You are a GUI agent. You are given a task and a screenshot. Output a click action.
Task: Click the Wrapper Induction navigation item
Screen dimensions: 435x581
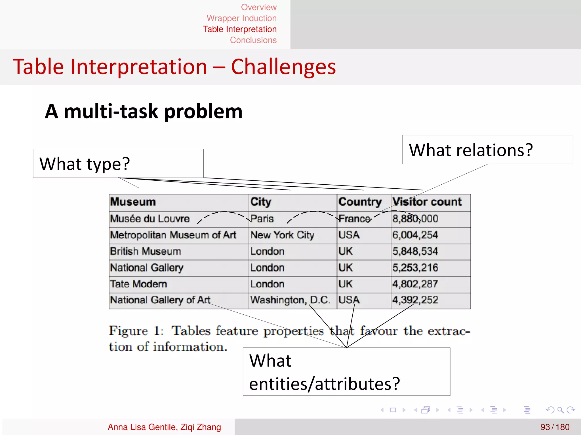pyautogui.click(x=241, y=18)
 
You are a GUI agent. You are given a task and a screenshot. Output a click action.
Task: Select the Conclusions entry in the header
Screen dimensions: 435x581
pyautogui.click(x=253, y=40)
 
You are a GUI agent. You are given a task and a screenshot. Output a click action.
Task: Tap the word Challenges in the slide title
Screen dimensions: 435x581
pyautogui.click(x=283, y=67)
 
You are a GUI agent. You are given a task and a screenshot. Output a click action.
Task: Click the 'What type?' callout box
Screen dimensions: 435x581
pyautogui.click(x=118, y=163)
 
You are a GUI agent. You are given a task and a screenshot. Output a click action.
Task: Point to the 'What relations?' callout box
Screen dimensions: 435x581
pyautogui.click(x=487, y=150)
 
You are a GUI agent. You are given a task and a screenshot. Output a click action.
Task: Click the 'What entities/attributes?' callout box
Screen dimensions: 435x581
pyautogui.click(x=346, y=372)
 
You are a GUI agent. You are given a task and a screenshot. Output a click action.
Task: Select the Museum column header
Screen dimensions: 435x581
pyautogui.click(x=133, y=202)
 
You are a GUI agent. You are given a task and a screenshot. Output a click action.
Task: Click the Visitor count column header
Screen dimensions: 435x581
pyautogui.click(x=427, y=202)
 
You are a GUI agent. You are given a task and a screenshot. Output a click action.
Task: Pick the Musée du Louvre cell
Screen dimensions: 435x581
pyautogui.click(x=150, y=219)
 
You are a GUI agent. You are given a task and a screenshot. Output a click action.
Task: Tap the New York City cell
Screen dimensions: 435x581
pyautogui.click(x=282, y=235)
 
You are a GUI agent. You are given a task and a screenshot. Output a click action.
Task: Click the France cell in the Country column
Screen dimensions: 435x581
pyautogui.click(x=354, y=219)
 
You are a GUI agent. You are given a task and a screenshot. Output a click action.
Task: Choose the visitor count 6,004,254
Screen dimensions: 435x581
pyautogui.click(x=415, y=235)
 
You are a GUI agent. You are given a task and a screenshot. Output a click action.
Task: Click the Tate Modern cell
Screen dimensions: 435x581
pyautogui.click(x=139, y=284)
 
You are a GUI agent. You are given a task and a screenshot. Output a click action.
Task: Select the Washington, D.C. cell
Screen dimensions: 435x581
pyautogui.click(x=290, y=300)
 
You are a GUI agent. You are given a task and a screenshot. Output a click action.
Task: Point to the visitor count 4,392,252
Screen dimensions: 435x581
pyautogui.click(x=415, y=300)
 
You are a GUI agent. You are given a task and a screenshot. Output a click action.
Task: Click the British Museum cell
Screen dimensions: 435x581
pyautogui.click(x=146, y=251)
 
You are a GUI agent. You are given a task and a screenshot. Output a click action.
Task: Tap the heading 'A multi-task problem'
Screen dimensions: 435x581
pyautogui.click(x=144, y=111)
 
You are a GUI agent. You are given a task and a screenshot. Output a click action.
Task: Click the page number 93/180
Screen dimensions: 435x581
pyautogui.click(x=555, y=427)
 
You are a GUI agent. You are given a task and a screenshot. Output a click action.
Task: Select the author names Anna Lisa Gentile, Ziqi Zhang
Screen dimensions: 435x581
pyautogui.click(x=164, y=427)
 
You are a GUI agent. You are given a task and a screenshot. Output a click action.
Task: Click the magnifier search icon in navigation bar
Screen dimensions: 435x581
pyautogui.click(x=560, y=410)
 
